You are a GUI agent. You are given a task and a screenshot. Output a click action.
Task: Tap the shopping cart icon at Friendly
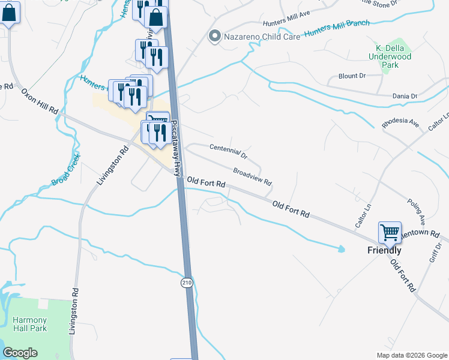pyautogui.click(x=390, y=232)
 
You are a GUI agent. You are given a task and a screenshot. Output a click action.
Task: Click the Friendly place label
pyautogui.click(x=384, y=251)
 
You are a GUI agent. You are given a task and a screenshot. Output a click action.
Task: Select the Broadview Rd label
pyautogui.click(x=252, y=176)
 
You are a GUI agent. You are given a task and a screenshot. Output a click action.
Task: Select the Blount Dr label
pyautogui.click(x=352, y=76)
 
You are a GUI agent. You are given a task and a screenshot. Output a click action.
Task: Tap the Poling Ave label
pyautogui.click(x=415, y=211)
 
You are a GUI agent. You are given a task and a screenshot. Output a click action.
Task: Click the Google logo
pyautogui.click(x=20, y=353)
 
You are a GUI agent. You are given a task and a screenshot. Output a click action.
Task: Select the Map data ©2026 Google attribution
pyautogui.click(x=411, y=355)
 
